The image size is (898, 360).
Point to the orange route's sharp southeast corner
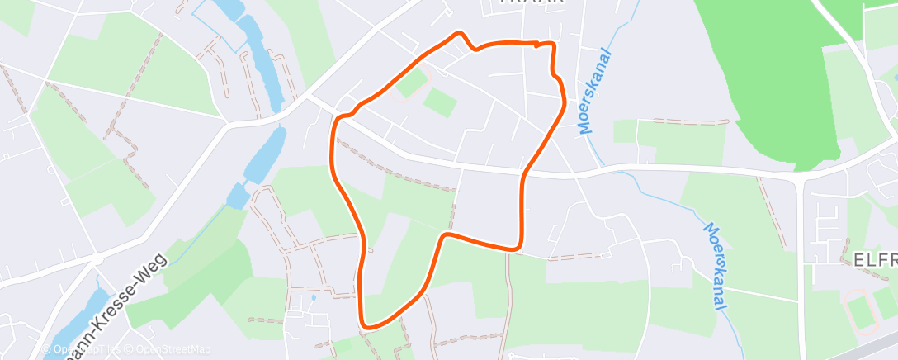coord(518,246)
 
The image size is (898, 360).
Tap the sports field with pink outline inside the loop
coord(410,83)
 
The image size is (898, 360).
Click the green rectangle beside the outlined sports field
coord(440,102)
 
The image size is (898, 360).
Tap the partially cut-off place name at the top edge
coord(533,2)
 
